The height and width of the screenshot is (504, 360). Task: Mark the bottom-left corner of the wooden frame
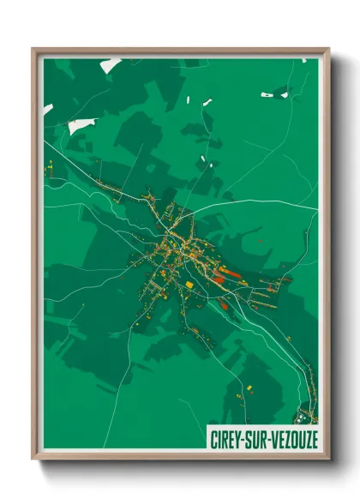33,459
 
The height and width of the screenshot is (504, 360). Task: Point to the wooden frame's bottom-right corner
328,459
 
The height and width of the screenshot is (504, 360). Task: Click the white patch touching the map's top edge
110,65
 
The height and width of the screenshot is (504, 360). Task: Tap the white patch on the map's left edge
49,109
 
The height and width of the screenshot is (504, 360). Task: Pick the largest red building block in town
220,276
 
